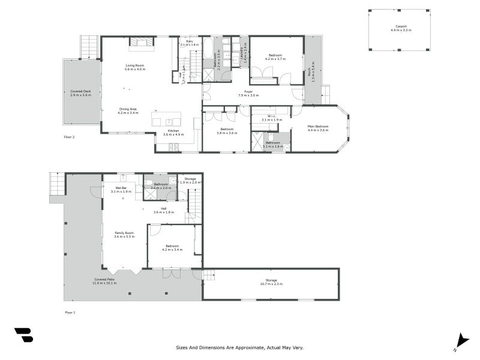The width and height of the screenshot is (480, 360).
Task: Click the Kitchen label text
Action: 173,132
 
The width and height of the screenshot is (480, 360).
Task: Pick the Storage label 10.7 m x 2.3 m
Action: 271,282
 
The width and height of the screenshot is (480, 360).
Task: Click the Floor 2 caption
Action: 70,137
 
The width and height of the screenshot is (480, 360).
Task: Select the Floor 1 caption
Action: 70,312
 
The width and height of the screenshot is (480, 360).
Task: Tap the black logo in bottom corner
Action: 23,335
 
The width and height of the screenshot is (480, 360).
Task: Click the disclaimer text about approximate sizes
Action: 239,347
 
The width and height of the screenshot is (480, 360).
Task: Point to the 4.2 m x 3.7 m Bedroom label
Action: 275,57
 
